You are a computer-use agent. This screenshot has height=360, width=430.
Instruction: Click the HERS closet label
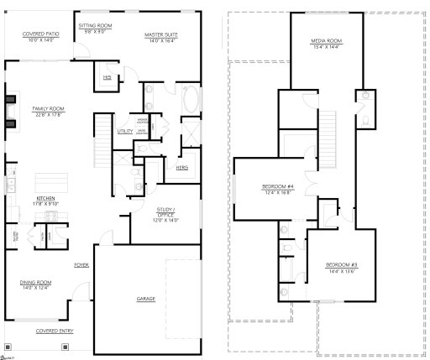coord(181,167)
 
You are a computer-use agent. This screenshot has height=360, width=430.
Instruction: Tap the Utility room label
coord(125,131)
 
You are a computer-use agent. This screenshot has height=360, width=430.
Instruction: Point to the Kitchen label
coord(45,198)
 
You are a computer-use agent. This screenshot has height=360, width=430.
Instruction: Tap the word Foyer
coord(81,264)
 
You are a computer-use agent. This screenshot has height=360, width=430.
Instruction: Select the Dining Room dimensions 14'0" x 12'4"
coord(35,289)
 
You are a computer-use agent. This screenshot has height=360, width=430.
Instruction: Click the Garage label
coord(145,299)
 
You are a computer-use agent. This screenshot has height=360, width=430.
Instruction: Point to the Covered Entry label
coord(54,331)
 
